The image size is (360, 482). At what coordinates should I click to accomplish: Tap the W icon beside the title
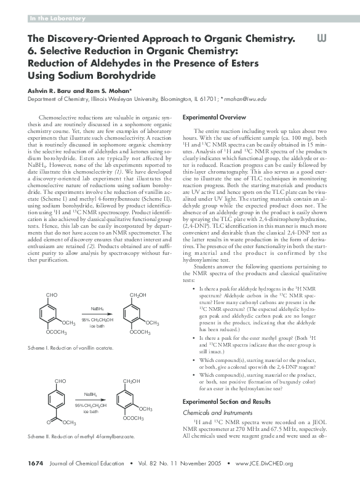(x=320, y=39)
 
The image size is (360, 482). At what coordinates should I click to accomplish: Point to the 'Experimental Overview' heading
(x=214, y=117)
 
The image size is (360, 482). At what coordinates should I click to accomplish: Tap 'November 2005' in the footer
(x=193, y=463)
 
